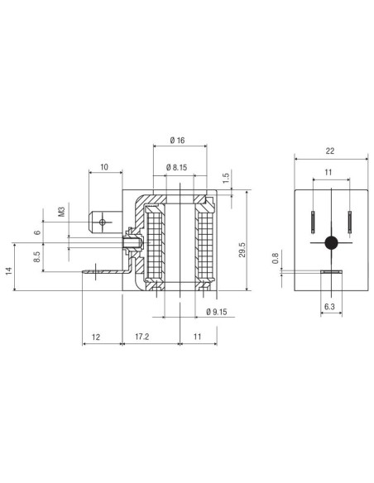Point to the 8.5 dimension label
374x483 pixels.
pos(38,258)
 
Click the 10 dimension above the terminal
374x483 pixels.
pos(103,167)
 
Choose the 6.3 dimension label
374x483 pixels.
pos(330,305)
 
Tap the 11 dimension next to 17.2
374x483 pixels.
pos(198,338)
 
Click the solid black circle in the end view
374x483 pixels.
pos(331,242)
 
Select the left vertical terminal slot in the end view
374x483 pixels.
pos(313,222)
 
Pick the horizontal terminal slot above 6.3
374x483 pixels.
pos(330,272)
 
